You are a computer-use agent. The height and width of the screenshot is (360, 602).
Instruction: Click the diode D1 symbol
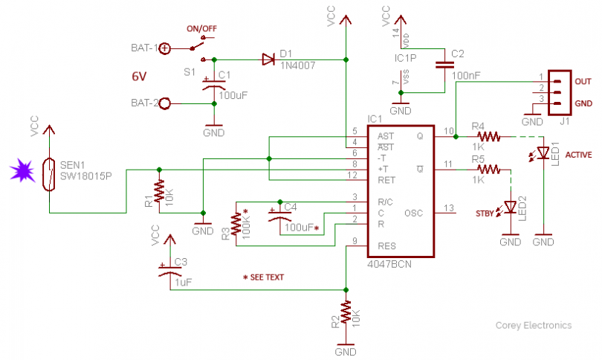(268, 59)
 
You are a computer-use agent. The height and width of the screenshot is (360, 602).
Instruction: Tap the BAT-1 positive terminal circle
(165, 48)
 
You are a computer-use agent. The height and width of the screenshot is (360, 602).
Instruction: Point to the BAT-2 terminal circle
(165, 103)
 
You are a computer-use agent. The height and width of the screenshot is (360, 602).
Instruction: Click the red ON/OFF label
(202, 29)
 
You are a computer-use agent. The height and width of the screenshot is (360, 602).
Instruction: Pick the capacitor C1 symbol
(214, 83)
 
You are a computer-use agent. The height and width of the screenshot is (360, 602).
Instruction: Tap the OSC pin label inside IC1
(413, 213)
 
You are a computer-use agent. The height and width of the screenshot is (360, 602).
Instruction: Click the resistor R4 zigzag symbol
(490, 137)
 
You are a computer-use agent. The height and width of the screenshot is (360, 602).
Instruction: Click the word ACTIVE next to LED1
(579, 155)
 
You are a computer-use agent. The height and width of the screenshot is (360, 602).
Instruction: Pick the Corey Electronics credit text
(534, 325)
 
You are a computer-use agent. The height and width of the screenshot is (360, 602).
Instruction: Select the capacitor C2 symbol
(445, 65)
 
